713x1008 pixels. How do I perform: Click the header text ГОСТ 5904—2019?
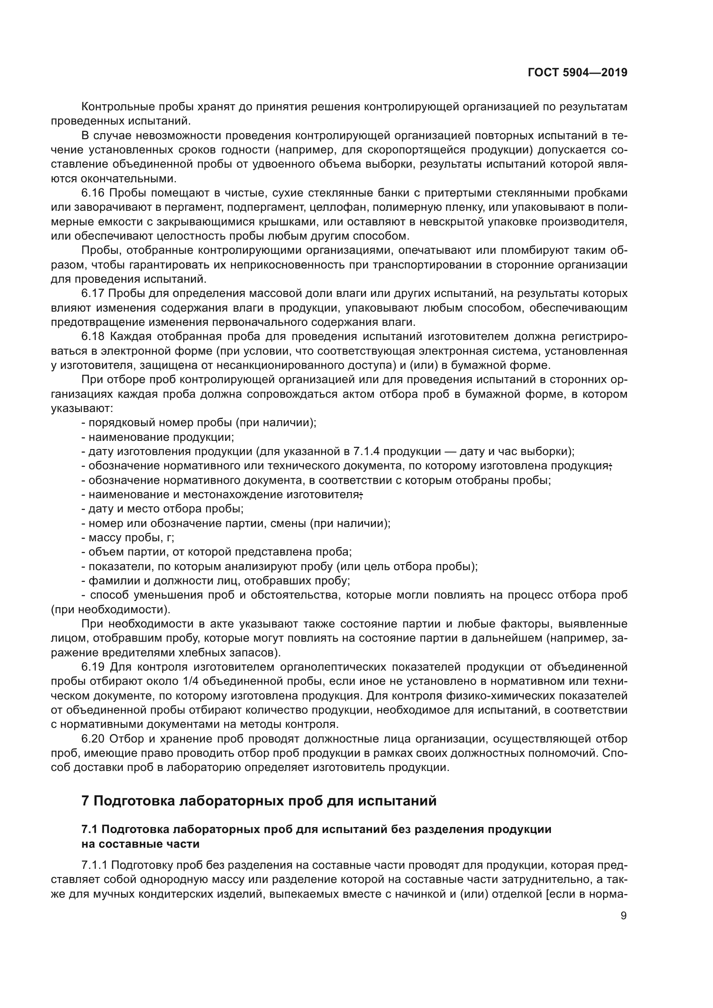(577, 73)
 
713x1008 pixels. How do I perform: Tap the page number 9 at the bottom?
(623, 916)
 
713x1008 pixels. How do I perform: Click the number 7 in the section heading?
(86, 801)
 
